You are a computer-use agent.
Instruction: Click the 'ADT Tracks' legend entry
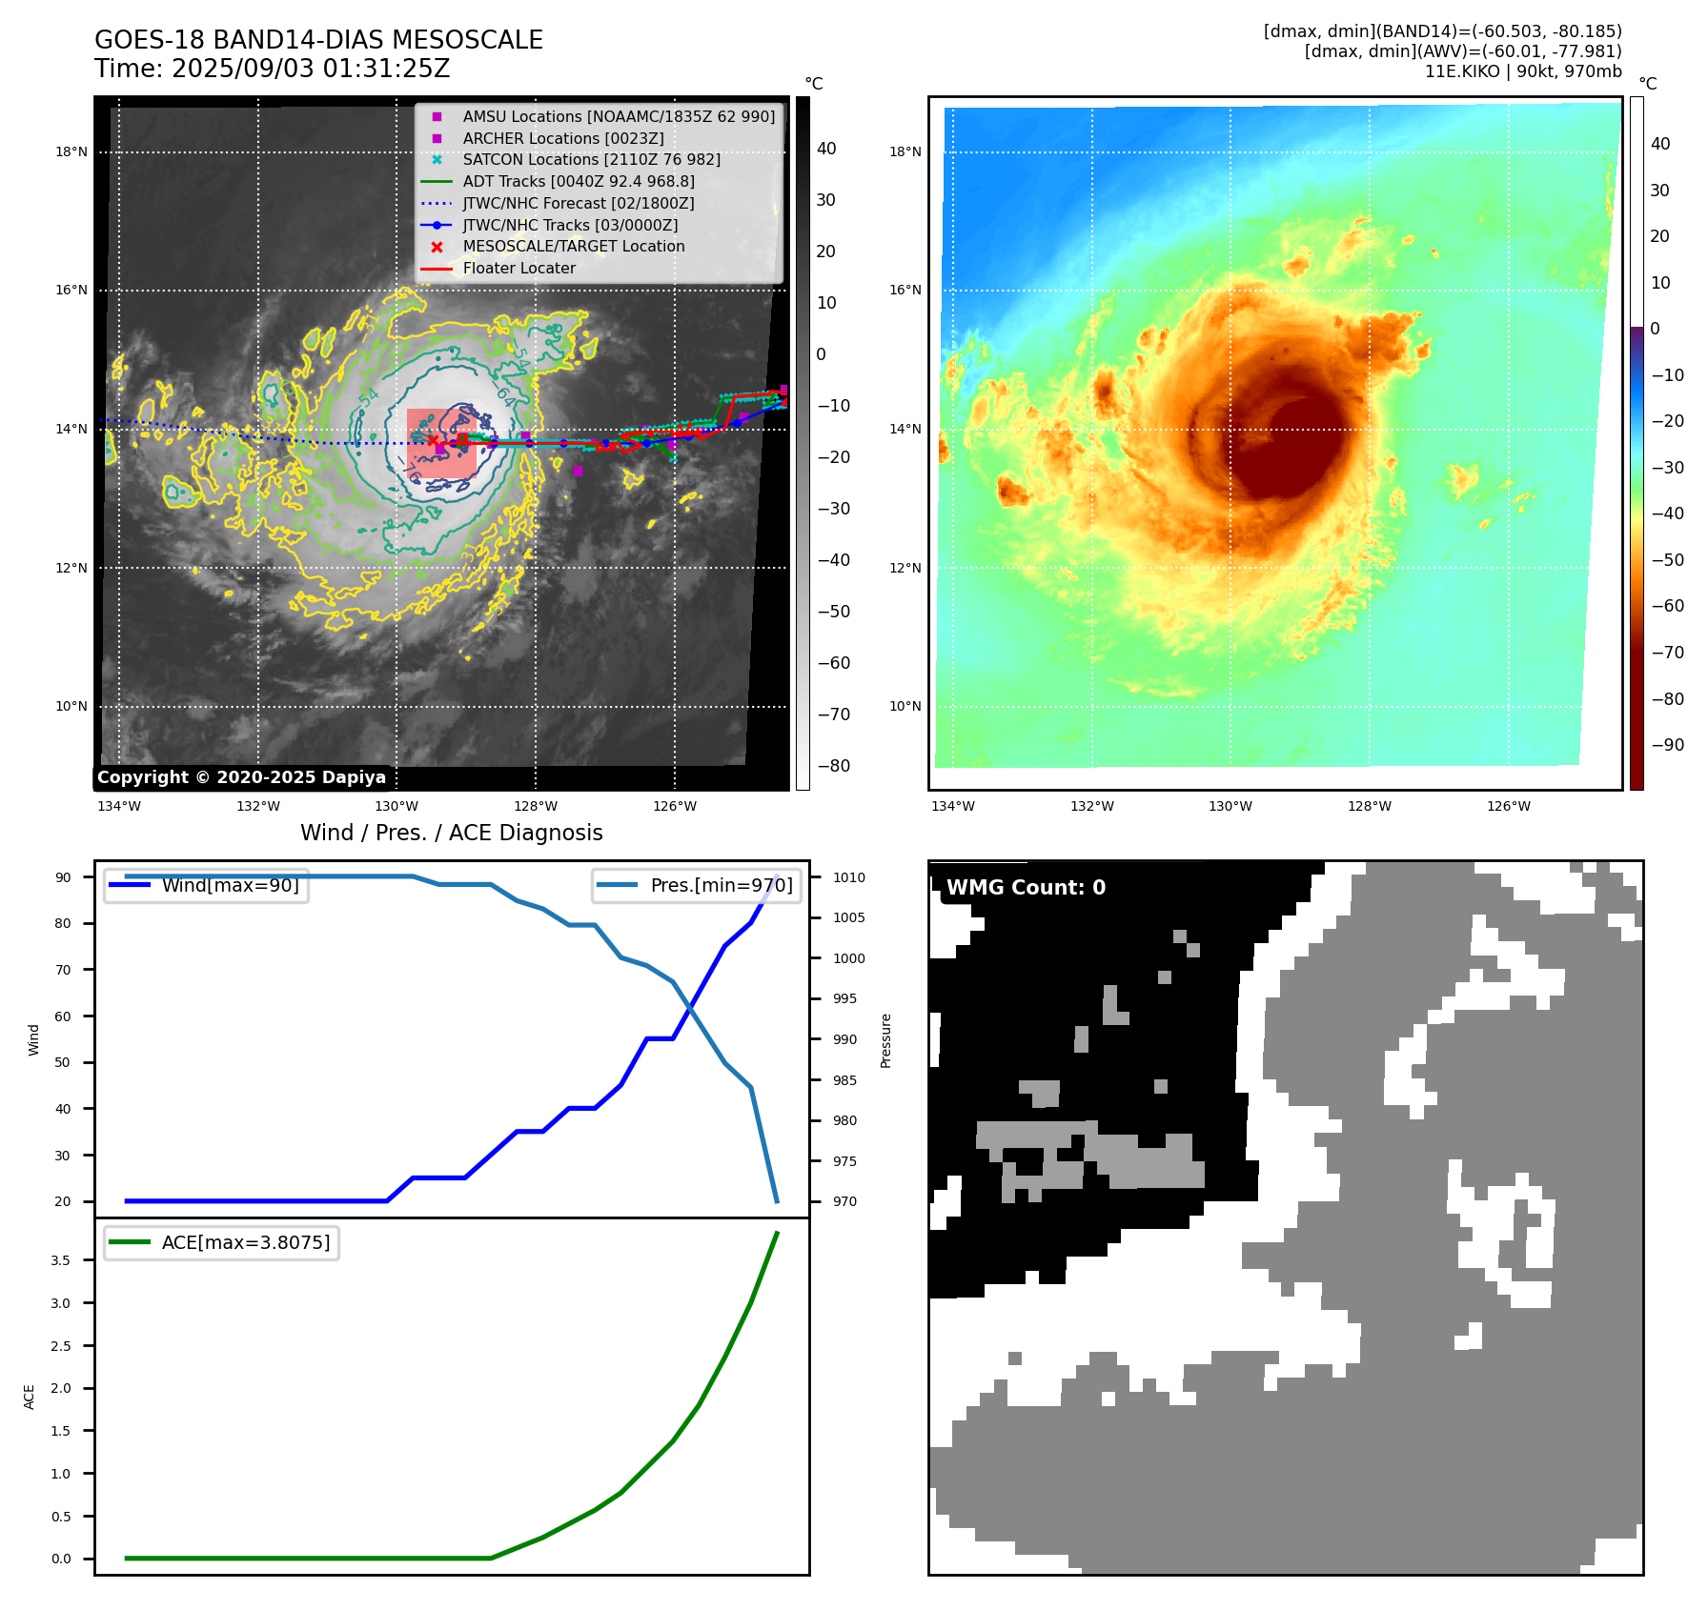578,181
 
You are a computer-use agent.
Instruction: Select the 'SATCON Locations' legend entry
591,159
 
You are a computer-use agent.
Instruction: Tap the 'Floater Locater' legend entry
518,268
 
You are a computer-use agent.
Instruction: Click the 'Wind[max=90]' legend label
230,885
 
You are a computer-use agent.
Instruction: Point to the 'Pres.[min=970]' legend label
721,885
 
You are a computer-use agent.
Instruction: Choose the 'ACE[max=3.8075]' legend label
245,1242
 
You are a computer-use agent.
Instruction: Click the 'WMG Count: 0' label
1025,887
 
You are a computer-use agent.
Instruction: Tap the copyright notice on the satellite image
241,777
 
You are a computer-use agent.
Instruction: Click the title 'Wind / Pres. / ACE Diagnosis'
451,833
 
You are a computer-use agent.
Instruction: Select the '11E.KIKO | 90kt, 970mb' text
1522,71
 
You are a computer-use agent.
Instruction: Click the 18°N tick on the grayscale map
71,151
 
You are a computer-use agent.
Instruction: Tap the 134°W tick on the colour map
952,806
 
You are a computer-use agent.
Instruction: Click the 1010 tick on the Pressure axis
848,877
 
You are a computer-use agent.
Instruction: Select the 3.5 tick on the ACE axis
61,1259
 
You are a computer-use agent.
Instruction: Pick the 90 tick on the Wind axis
63,877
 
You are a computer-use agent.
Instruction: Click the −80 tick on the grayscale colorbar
833,765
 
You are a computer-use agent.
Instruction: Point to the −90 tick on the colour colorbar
1667,744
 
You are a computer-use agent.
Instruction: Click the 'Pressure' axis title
885,1040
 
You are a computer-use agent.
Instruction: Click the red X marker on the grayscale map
433,439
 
